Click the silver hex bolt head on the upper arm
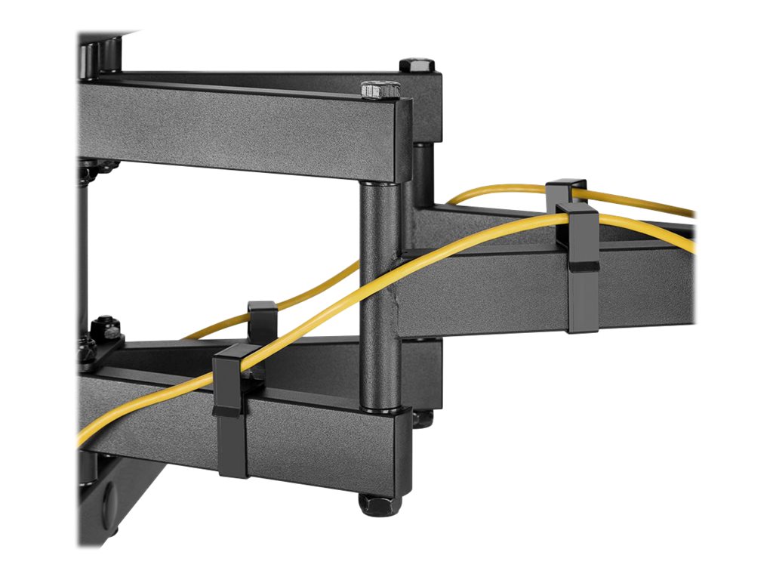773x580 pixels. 380,90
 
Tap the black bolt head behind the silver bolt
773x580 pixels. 417,65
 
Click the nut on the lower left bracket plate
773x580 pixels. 106,329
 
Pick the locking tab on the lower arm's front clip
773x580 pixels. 227,411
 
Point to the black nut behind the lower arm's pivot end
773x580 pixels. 423,418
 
